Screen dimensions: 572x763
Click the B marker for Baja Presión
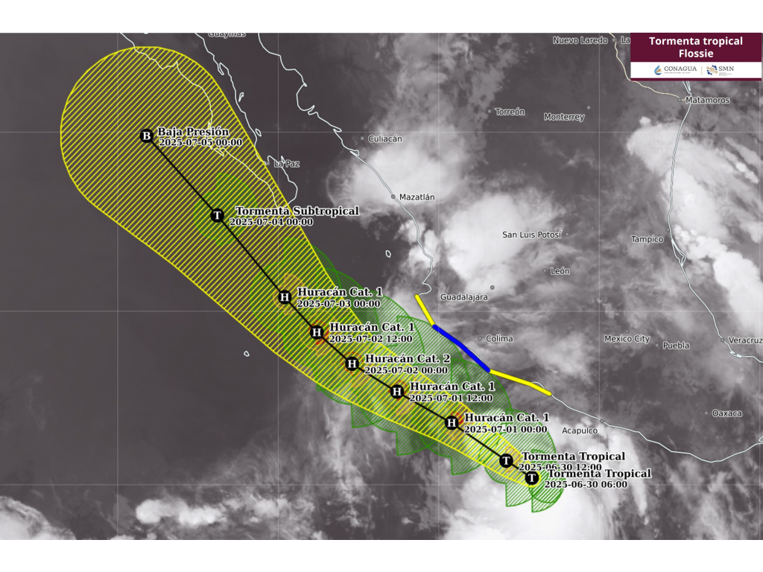point(147,136)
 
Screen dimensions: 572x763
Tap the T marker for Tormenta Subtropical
point(218,215)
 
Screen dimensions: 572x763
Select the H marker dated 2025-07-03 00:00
point(284,297)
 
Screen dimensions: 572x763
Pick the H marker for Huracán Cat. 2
point(352,363)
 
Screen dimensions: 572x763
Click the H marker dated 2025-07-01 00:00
point(452,423)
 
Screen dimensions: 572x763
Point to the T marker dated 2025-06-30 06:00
point(531,477)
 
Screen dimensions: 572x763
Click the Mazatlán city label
point(417,197)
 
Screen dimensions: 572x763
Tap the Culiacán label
point(385,139)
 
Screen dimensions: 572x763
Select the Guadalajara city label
point(464,296)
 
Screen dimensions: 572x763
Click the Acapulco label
point(579,430)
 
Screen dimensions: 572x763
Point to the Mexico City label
point(627,339)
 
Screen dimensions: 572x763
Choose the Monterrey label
point(564,117)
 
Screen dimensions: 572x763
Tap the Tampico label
point(647,239)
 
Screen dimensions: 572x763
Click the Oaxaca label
point(726,413)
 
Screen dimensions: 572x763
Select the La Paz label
point(286,163)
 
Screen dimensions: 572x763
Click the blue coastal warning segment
point(460,347)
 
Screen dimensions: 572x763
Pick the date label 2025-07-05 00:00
point(200,142)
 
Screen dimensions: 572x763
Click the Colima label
point(498,338)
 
